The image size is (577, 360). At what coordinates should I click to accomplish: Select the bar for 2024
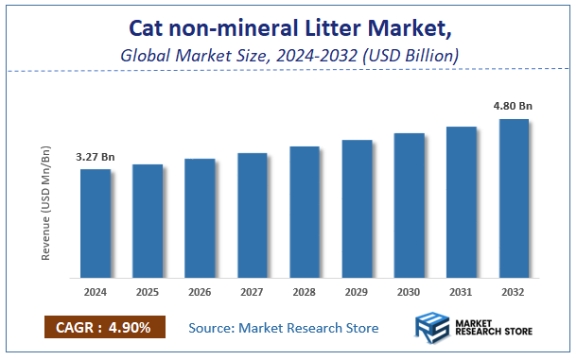point(95,224)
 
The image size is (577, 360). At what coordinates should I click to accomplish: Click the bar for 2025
point(148,221)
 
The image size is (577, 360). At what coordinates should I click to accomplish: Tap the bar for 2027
point(252,215)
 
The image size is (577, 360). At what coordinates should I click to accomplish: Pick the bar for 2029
point(357,209)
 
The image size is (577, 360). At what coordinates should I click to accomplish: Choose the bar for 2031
point(461,202)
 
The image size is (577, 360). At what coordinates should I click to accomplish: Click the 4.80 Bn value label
point(514,107)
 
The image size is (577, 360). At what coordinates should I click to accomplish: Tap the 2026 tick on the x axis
point(200,292)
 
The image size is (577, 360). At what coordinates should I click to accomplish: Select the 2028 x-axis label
point(305,292)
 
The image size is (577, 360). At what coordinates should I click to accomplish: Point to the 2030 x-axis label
point(409,292)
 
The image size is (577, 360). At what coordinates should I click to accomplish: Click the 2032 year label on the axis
point(514,292)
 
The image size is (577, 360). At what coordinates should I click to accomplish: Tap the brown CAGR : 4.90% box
point(104,328)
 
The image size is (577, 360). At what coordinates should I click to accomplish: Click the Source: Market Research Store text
point(284,328)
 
